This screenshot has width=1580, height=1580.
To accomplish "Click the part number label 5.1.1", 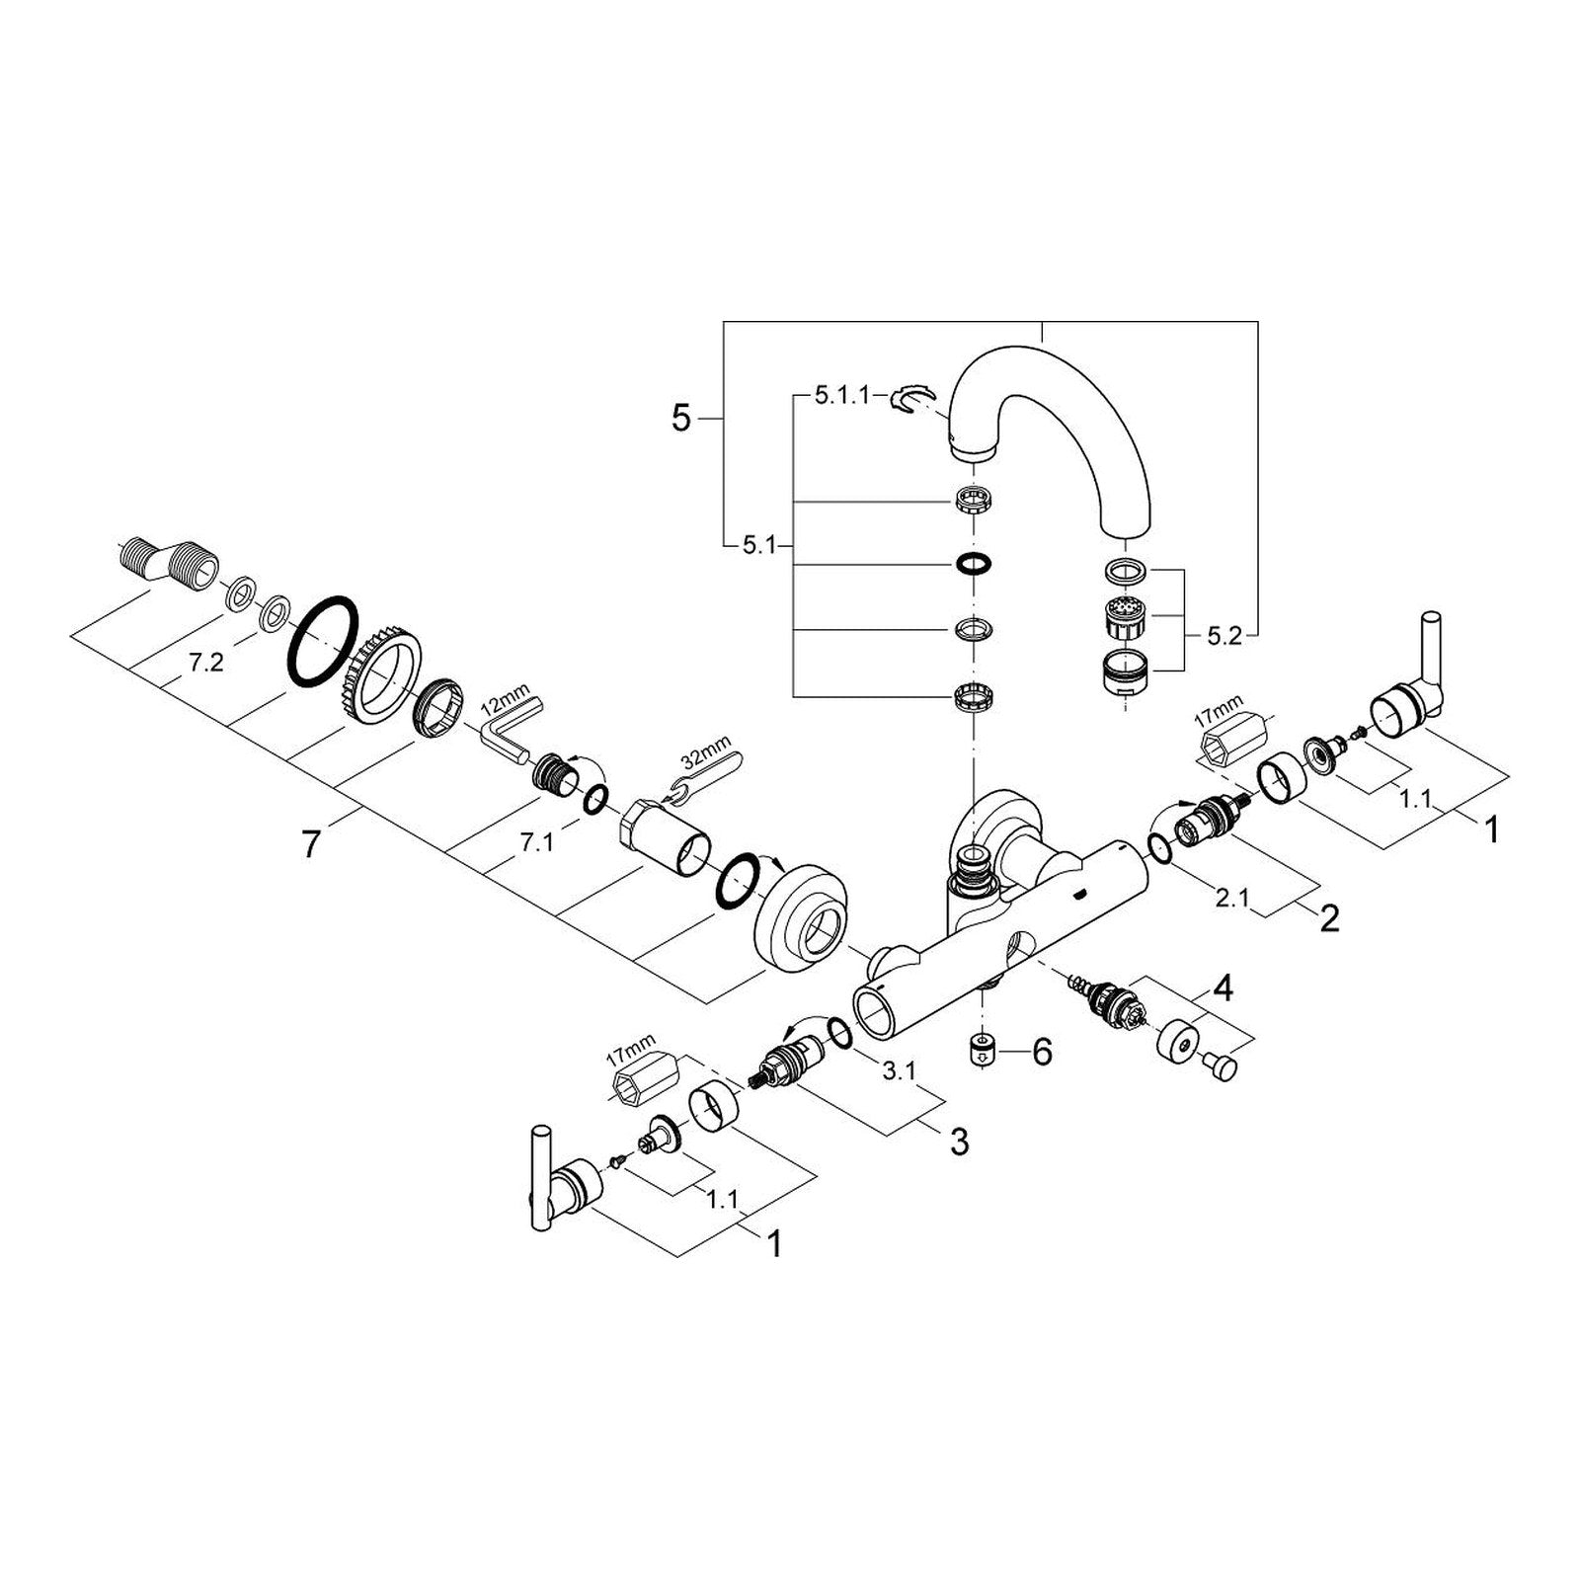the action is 840,396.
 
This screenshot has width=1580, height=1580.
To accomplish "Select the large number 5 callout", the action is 681,419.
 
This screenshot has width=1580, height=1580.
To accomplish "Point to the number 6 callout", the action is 1043,1053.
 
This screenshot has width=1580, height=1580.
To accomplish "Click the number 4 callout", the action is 1224,987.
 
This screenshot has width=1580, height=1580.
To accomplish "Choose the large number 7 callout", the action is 312,844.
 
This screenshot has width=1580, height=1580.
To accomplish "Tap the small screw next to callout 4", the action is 1222,1065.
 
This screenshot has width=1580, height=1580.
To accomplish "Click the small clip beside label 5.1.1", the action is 909,398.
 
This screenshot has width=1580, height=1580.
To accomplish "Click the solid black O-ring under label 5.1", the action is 973,564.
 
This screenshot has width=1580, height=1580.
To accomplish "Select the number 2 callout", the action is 1330,919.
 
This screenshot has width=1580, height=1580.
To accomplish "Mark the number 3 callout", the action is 959,1143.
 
